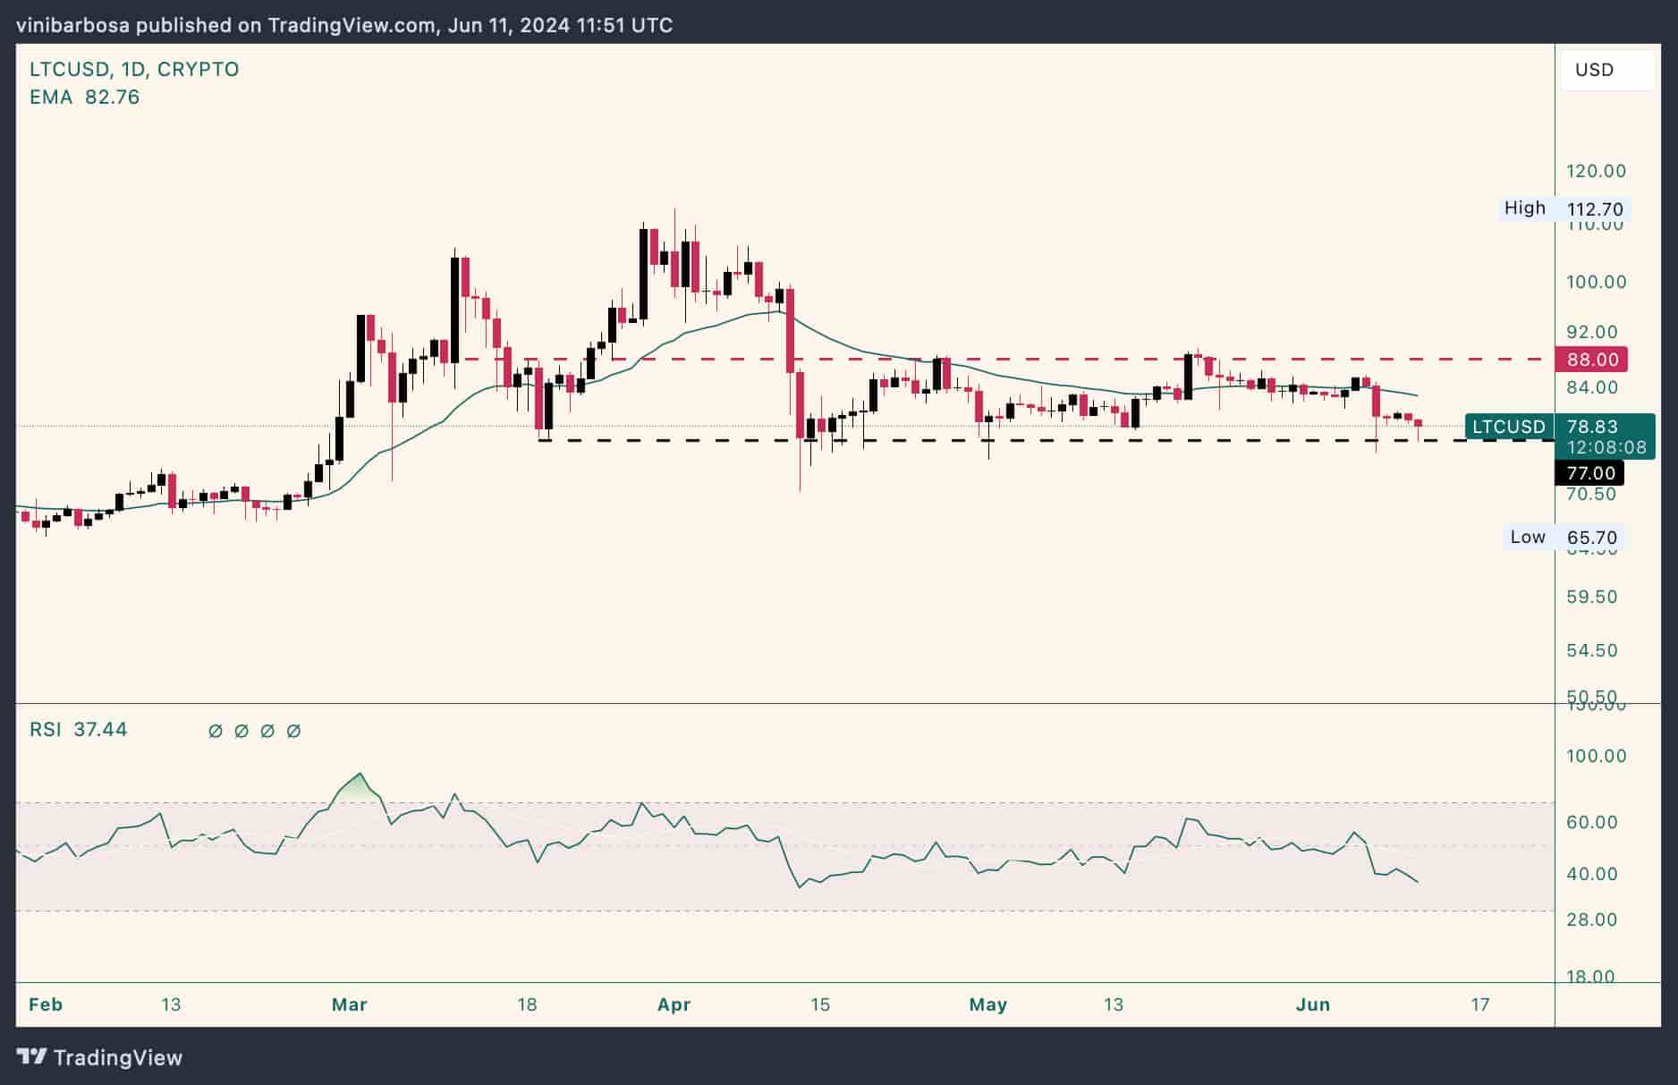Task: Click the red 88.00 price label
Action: pyautogui.click(x=1591, y=360)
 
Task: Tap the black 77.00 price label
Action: pyautogui.click(x=1589, y=473)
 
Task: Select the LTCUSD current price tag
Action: pyautogui.click(x=1510, y=427)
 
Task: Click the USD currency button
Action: pyautogui.click(x=1594, y=70)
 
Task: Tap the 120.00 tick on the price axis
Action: pyautogui.click(x=1596, y=171)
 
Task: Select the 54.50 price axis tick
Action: pyautogui.click(x=1592, y=650)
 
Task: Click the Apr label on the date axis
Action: pyautogui.click(x=674, y=1004)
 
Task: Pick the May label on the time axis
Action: pyautogui.click(x=987, y=1004)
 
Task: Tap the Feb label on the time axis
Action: pyautogui.click(x=46, y=1004)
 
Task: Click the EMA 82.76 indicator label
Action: pyautogui.click(x=84, y=97)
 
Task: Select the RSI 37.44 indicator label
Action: pyautogui.click(x=79, y=730)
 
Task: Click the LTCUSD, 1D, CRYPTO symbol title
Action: pyautogui.click(x=134, y=69)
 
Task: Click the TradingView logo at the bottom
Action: pyautogui.click(x=100, y=1057)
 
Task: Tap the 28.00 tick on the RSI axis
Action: pyautogui.click(x=1592, y=920)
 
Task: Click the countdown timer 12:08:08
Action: pyautogui.click(x=1606, y=447)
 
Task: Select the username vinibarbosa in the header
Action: pyautogui.click(x=72, y=25)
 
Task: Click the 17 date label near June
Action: pyautogui.click(x=1480, y=1004)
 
